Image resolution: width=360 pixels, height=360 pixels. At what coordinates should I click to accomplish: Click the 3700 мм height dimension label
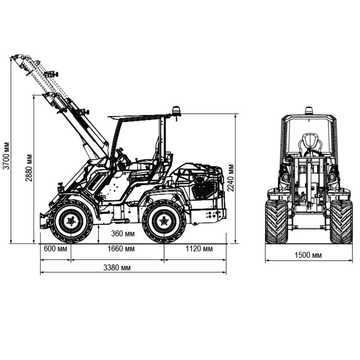pyautogui.click(x=6, y=156)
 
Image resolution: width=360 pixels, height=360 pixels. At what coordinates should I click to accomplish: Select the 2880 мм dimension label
pyautogui.click(x=29, y=168)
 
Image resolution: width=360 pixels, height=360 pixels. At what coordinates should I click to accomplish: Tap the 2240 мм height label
pyautogui.click(x=230, y=178)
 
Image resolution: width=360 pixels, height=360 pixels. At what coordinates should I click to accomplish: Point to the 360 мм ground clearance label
pyautogui.click(x=123, y=233)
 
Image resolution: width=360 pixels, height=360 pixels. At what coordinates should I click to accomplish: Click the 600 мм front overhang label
pyautogui.click(x=55, y=249)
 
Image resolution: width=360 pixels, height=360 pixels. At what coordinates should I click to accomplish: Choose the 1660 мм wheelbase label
pyautogui.click(x=121, y=249)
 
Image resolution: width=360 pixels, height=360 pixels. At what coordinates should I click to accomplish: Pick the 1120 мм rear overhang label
pyautogui.click(x=199, y=249)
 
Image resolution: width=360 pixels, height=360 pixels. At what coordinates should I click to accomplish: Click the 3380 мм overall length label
pyautogui.click(x=117, y=268)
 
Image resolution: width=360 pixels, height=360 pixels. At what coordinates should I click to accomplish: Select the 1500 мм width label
pyautogui.click(x=308, y=255)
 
